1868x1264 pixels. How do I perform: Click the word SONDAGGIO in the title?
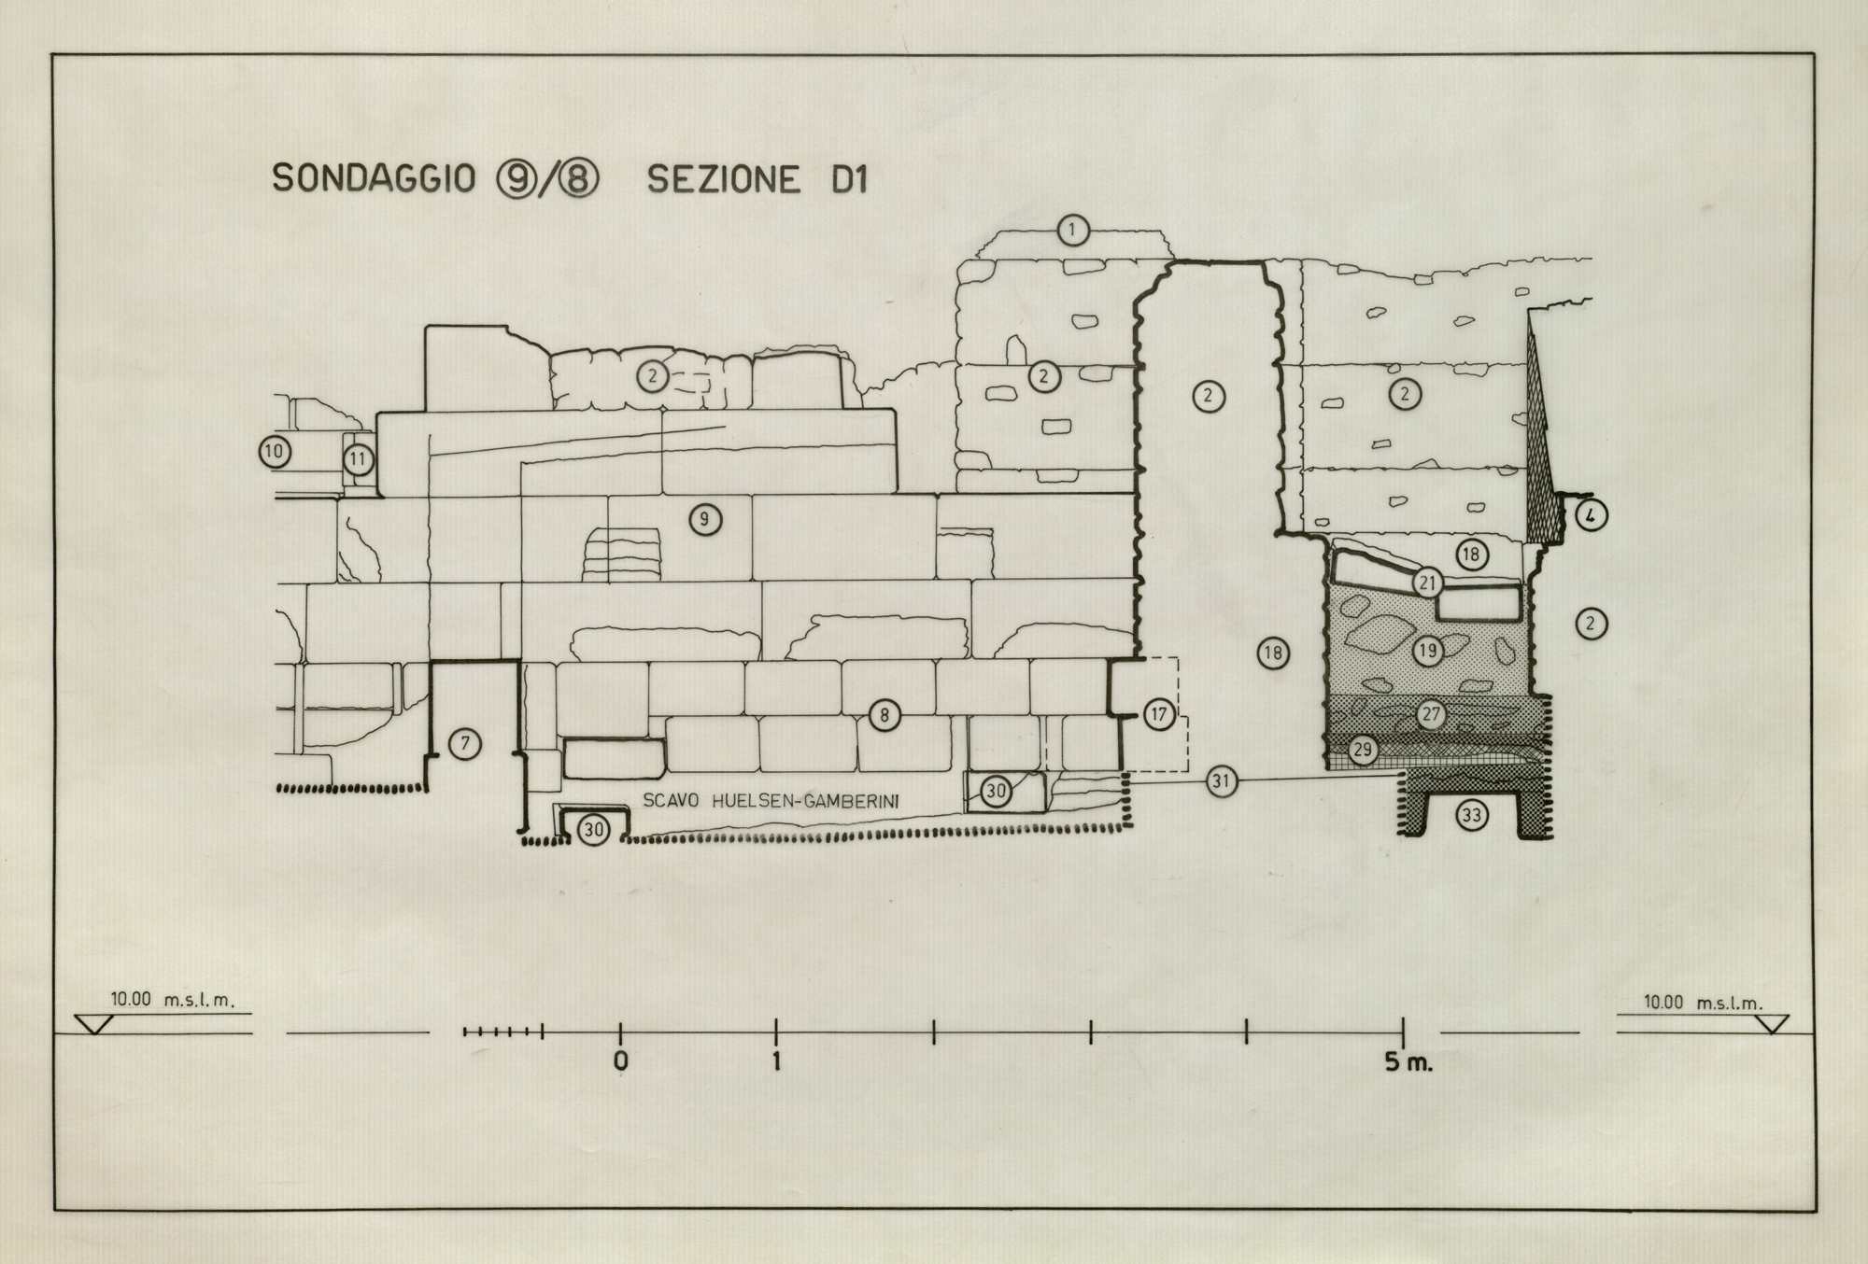(x=374, y=178)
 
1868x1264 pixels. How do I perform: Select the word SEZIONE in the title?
(x=724, y=179)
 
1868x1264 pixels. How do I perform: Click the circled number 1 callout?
(x=1073, y=230)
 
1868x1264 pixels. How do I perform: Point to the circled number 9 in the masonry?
(x=705, y=519)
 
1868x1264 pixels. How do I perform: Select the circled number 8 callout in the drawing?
(x=884, y=716)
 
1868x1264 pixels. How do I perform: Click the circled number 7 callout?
(x=464, y=744)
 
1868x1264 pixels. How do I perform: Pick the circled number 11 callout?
(x=358, y=459)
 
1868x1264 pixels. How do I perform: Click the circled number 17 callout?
(x=1159, y=715)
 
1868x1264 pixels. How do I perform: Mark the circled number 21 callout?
(x=1427, y=583)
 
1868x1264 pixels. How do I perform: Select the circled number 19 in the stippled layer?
(x=1428, y=650)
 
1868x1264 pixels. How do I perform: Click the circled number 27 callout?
(x=1431, y=715)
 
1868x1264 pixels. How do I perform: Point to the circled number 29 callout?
(x=1363, y=750)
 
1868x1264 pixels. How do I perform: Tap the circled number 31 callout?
(x=1221, y=780)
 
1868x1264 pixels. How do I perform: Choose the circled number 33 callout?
(x=1471, y=816)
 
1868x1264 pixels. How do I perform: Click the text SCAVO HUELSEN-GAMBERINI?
(x=771, y=800)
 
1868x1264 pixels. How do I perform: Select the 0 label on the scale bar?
(x=621, y=1062)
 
